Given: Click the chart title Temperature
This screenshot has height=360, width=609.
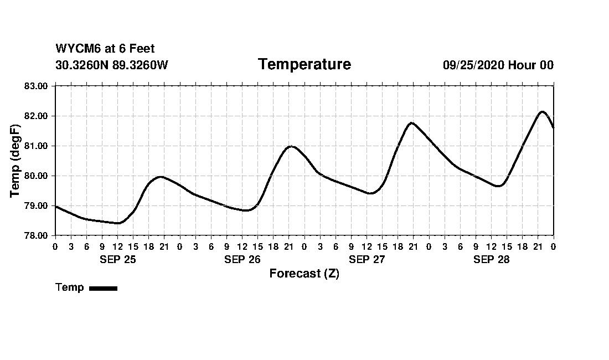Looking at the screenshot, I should click(x=304, y=64).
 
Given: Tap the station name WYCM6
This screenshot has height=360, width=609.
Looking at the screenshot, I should click(x=75, y=49).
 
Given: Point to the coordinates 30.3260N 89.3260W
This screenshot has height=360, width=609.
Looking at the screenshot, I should click(x=111, y=65).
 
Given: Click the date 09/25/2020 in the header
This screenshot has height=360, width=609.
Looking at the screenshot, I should click(x=473, y=65).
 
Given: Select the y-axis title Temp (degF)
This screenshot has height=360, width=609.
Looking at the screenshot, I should click(x=15, y=161).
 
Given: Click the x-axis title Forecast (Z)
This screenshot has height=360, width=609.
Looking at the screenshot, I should click(x=304, y=274).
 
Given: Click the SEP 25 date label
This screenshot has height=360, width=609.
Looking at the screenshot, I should click(x=117, y=259).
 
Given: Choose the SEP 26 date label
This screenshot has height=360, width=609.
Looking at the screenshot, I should click(x=242, y=259).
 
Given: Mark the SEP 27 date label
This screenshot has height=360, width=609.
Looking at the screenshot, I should click(x=367, y=259).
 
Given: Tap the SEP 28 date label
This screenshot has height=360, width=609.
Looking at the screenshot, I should click(x=491, y=259).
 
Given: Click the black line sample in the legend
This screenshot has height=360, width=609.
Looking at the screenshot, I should click(x=103, y=288).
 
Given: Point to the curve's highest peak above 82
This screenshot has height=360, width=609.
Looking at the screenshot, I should click(x=542, y=112).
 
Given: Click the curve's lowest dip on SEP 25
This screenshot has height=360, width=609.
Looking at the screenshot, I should click(x=118, y=223).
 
